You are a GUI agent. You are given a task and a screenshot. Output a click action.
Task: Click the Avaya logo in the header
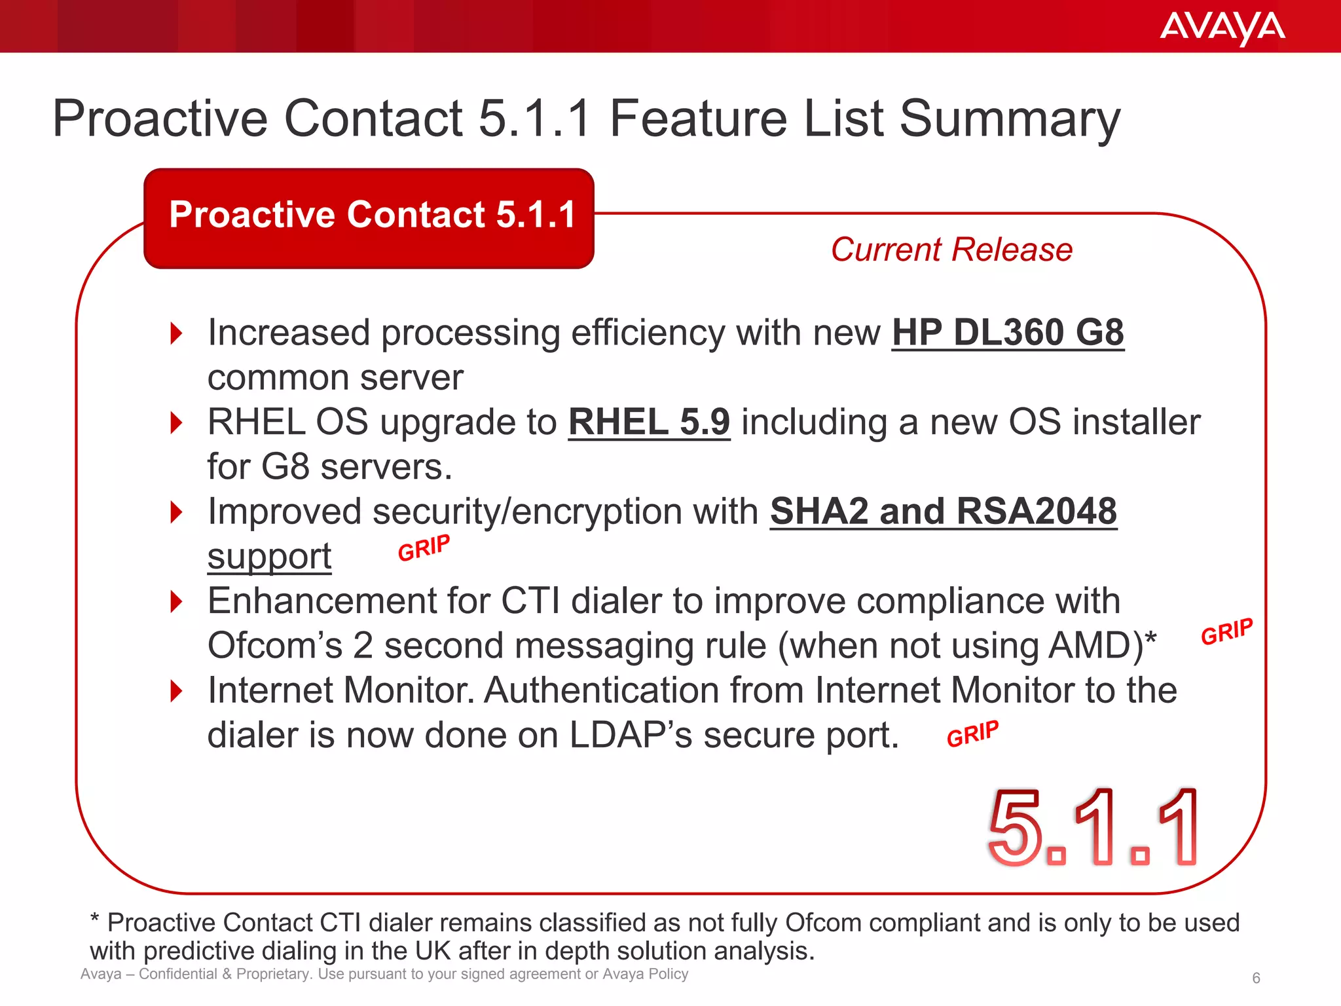click(1222, 28)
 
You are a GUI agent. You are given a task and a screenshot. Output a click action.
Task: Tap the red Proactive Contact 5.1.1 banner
click(369, 217)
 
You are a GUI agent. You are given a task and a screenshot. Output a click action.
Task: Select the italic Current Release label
click(951, 250)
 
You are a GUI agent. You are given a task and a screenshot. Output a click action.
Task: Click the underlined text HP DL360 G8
click(1008, 333)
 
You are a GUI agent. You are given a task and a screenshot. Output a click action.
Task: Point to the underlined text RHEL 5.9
click(649, 422)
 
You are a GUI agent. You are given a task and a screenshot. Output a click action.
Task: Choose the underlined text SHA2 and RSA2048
click(944, 512)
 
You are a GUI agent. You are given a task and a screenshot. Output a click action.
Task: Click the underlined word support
click(269, 557)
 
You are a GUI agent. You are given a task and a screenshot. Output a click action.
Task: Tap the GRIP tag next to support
click(424, 548)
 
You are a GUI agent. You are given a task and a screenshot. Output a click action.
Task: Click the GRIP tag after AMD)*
click(1226, 631)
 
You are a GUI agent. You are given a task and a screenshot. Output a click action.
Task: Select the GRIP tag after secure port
click(972, 734)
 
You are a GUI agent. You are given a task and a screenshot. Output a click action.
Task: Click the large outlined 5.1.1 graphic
click(1092, 828)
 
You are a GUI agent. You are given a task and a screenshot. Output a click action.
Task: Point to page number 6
click(1256, 978)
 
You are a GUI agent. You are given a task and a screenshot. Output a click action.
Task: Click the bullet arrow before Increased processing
click(176, 333)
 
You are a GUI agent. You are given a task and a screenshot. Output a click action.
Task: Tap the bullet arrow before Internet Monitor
click(176, 691)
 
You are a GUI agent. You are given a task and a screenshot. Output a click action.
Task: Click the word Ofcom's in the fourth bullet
click(274, 646)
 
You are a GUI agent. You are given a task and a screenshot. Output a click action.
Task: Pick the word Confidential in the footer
click(177, 974)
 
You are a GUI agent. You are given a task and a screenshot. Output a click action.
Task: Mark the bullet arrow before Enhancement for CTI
click(176, 601)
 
